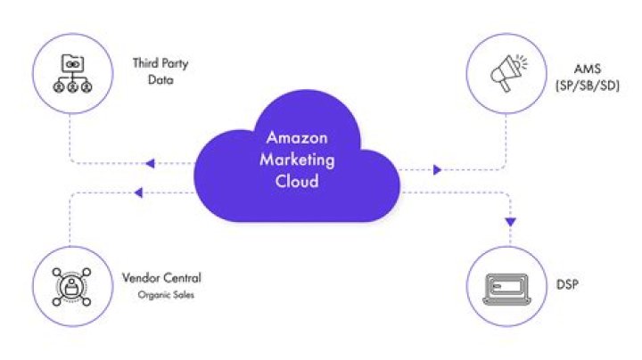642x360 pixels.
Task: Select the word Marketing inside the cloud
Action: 299,160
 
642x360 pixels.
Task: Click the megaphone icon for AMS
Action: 505,73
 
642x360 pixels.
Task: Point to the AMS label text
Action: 587,69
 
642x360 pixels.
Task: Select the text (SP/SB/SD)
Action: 587,85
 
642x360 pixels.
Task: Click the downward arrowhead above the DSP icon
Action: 511,221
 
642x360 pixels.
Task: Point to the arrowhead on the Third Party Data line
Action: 149,164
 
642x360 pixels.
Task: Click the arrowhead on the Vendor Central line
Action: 137,191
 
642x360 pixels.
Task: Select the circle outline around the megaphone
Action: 505,37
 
